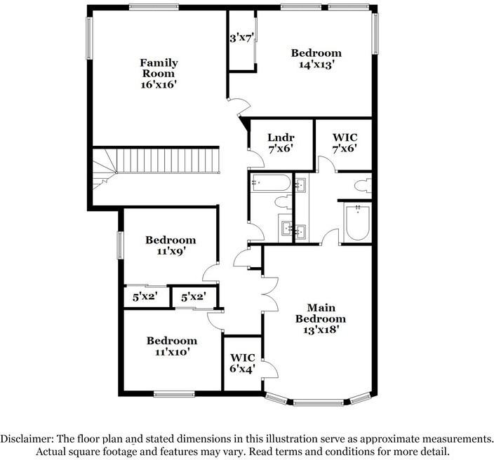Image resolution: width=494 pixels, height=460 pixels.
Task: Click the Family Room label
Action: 159,67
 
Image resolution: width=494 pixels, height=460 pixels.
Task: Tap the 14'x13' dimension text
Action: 316,65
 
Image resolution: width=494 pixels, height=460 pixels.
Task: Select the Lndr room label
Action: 280,137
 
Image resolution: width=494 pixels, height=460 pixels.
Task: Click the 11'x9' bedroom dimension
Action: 171,250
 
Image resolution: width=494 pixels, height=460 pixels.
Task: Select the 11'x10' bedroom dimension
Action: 171,352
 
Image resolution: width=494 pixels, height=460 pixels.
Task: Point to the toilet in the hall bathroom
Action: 283,203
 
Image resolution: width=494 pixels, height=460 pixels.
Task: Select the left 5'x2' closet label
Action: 145,297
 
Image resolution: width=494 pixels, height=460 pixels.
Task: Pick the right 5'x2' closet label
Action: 192,297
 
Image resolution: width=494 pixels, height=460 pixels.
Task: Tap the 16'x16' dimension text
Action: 158,83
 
